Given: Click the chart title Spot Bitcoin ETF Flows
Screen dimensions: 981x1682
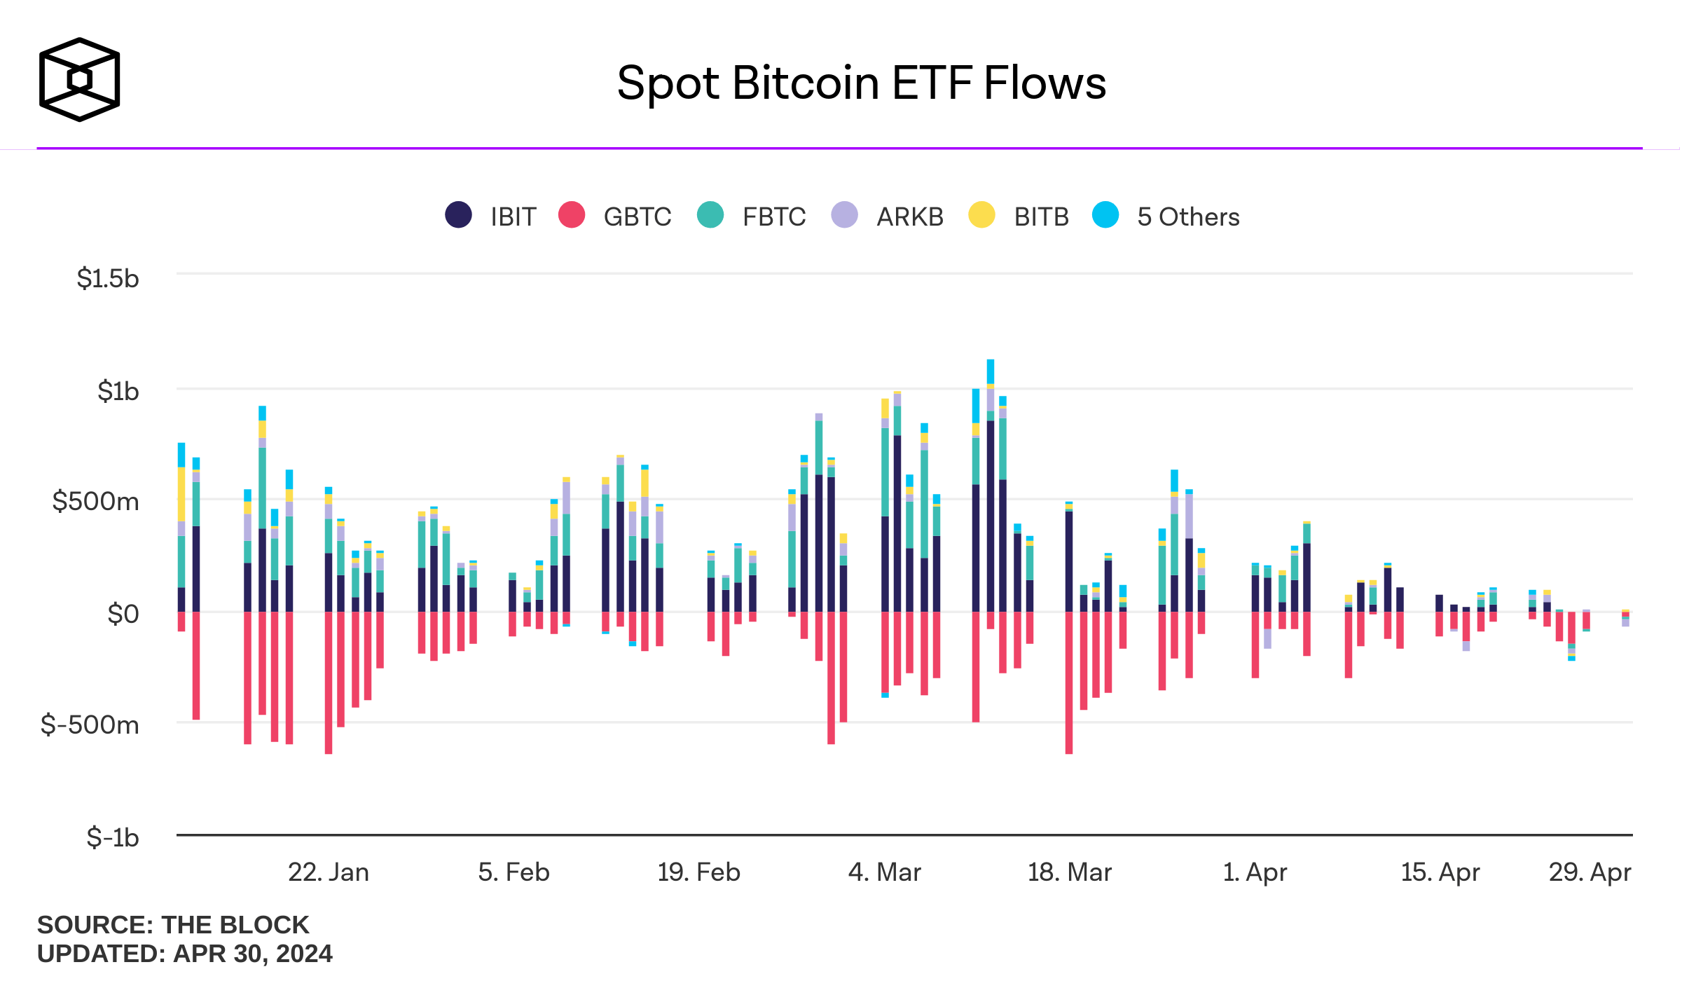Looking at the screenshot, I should (861, 83).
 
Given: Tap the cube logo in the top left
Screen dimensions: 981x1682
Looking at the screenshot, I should (79, 79).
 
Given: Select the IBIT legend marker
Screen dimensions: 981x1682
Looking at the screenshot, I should (458, 215).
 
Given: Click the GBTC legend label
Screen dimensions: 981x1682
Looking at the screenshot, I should (637, 217).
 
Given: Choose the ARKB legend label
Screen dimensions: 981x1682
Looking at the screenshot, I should (909, 217).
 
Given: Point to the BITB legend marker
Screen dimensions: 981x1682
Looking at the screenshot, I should (981, 215).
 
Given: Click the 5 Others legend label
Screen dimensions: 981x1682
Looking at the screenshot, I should (1188, 217).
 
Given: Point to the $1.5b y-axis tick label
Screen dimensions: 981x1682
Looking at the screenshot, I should (108, 279).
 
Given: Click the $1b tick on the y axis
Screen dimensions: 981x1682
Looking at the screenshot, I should (118, 391).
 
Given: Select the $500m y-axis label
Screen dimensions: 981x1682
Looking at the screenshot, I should (95, 502).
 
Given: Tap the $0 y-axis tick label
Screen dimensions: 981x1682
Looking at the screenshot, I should (123, 614).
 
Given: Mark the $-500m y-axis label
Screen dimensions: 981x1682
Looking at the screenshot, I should (90, 725).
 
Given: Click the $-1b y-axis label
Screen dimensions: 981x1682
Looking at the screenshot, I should (112, 837).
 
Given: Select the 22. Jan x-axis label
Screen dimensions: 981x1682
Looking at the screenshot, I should (328, 872).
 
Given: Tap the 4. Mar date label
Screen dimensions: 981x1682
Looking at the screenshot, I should (884, 872).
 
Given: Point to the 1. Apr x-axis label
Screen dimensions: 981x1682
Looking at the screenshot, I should (1254, 872).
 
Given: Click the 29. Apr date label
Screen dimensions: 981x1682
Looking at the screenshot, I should (1590, 872).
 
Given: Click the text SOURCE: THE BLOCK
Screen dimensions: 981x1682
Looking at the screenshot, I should (173, 925).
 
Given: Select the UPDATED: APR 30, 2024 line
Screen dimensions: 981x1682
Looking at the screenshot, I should (185, 954).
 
